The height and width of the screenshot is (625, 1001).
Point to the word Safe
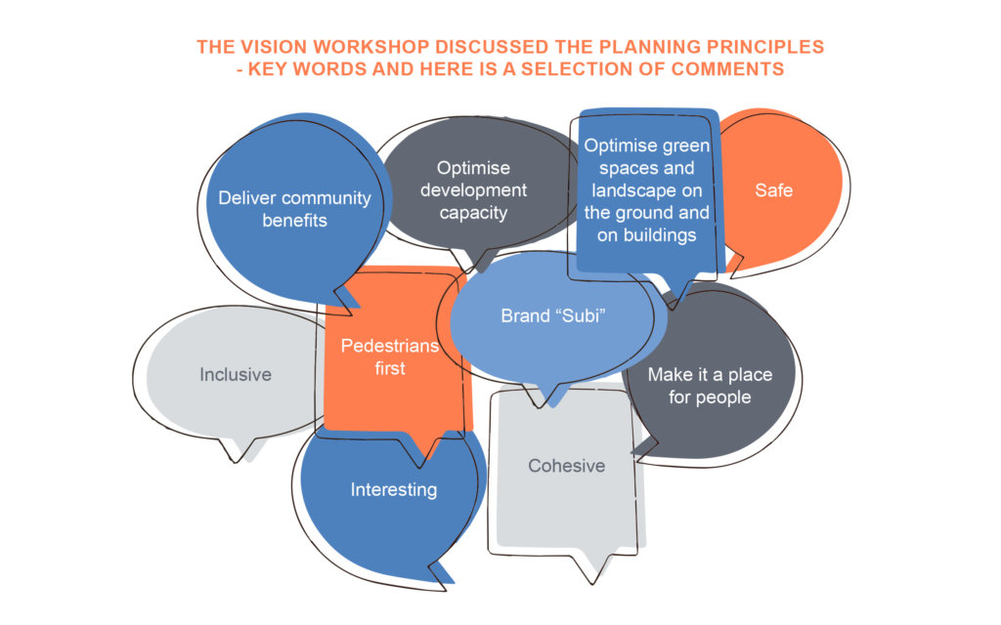(x=774, y=190)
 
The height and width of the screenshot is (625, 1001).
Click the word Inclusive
(x=236, y=374)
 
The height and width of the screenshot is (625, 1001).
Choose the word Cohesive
(x=566, y=466)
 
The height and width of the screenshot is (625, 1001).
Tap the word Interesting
(x=394, y=490)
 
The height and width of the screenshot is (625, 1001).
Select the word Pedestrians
(x=390, y=346)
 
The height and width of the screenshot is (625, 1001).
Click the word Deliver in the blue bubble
(x=245, y=197)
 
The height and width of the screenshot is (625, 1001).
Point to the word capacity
(x=473, y=213)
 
